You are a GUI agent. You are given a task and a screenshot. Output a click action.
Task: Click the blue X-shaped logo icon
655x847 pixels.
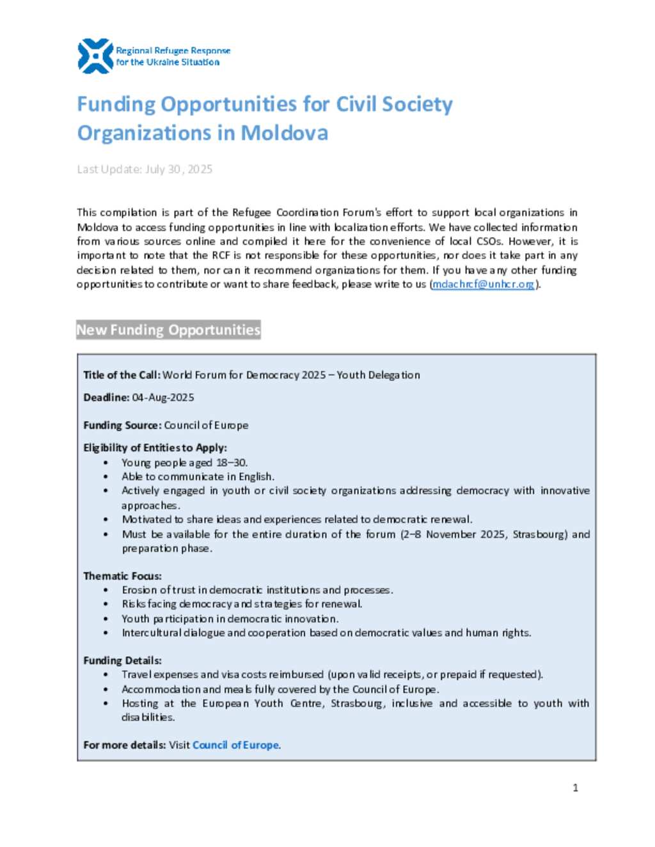95,56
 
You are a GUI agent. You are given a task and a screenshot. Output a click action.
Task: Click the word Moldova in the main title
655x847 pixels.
284,133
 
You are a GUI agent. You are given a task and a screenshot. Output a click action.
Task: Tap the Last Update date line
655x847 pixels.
145,169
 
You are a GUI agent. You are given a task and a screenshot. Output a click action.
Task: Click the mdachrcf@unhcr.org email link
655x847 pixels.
484,284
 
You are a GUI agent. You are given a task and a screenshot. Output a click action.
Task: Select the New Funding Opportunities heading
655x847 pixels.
168,330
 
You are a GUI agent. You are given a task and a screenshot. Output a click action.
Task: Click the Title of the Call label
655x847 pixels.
122,375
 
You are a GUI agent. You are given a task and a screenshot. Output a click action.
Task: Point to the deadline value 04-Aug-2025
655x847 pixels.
163,398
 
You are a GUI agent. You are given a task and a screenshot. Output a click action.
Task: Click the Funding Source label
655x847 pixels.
122,425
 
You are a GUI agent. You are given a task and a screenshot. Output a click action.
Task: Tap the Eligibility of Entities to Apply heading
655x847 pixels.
155,447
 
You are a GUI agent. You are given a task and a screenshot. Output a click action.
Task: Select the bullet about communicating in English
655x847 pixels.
198,477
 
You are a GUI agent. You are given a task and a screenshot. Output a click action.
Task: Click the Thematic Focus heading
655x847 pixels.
122,576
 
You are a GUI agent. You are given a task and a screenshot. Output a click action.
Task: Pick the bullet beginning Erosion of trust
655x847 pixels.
257,590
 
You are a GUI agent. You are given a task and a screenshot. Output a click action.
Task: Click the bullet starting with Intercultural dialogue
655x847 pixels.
326,633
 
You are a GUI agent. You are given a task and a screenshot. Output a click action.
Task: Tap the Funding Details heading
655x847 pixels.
122,660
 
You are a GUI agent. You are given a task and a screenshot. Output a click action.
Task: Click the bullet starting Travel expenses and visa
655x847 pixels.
332,674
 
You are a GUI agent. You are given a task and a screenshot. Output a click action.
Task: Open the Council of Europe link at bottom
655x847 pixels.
235,745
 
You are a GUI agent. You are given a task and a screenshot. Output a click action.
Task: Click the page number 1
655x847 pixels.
575,788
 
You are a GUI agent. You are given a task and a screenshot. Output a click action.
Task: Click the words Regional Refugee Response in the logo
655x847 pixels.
173,51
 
